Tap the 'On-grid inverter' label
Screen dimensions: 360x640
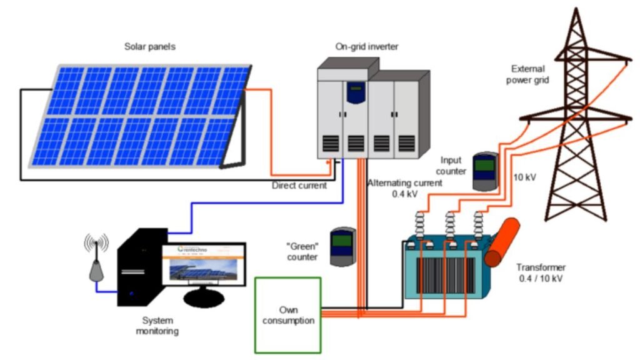click(x=366, y=46)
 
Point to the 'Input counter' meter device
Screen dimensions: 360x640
click(x=485, y=171)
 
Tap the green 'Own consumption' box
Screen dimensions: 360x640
click(x=287, y=316)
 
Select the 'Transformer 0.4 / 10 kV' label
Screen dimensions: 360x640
click(x=541, y=273)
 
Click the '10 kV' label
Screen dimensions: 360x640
click(x=525, y=177)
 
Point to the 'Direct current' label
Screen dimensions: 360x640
click(x=299, y=186)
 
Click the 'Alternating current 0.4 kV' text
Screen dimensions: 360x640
click(x=404, y=188)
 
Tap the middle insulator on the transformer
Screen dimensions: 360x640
click(x=449, y=224)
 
